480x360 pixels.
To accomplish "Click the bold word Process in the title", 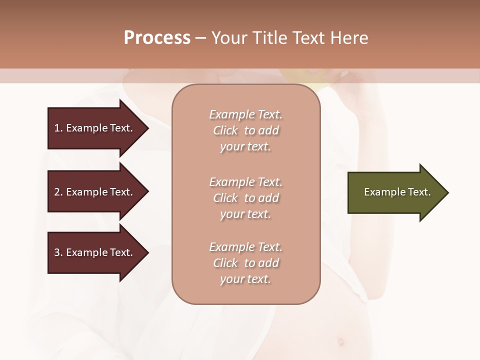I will click(157, 38).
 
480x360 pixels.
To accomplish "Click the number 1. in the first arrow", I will click(58, 128).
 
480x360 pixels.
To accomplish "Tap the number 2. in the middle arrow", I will click(58, 192).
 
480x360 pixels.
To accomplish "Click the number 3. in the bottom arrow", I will click(58, 252).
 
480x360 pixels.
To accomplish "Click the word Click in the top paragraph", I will click(225, 130).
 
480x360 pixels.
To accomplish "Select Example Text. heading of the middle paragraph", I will click(245, 182).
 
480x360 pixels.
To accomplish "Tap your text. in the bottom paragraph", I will click(245, 279).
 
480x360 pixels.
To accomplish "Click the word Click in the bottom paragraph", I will click(225, 263).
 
